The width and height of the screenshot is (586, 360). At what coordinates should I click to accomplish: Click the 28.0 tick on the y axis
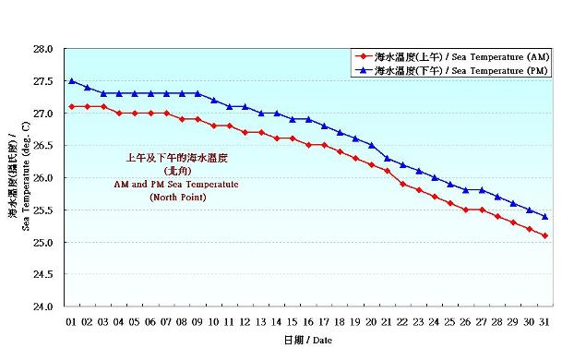43,49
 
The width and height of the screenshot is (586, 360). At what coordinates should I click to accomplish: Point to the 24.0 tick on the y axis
43,306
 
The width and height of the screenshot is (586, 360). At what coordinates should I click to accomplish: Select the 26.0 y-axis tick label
43,178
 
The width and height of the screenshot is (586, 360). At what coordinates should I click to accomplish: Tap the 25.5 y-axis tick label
43,210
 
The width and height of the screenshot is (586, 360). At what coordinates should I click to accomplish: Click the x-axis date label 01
71,322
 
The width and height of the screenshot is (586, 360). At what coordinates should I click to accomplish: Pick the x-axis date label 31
545,322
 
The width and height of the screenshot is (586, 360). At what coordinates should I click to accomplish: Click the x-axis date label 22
403,322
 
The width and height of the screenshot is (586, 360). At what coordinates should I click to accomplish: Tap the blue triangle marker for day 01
71,81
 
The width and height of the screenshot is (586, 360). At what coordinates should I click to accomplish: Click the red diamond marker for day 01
71,107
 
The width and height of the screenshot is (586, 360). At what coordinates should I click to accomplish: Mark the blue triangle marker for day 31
545,217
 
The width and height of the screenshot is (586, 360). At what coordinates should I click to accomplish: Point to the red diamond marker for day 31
545,235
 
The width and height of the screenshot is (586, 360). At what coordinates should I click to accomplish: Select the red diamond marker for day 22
403,184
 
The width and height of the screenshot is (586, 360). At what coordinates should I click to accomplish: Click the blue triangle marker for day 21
388,158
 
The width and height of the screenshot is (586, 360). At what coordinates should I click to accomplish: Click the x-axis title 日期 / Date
308,340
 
